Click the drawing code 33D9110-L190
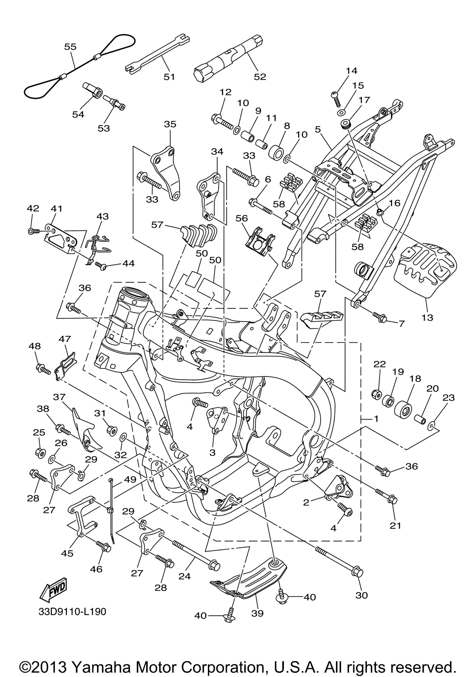click(x=72, y=612)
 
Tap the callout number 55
click(x=70, y=47)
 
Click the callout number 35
click(x=170, y=124)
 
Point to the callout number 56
click(x=242, y=218)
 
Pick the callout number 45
click(x=67, y=553)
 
